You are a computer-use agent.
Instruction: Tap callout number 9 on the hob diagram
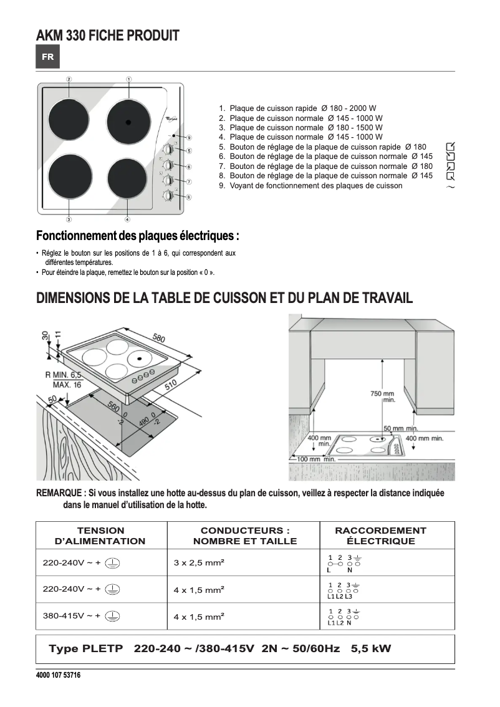[x=188, y=137]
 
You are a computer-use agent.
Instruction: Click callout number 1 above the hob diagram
[x=128, y=79]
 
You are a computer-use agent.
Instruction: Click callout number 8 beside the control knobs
[x=188, y=197]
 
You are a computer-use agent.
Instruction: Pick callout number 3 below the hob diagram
[x=69, y=219]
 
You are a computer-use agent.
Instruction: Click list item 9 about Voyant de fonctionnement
[x=315, y=186]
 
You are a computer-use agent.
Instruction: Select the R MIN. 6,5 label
[x=63, y=375]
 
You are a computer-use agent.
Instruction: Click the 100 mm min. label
[x=316, y=459]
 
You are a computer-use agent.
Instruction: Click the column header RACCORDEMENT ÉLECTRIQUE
[x=380, y=536]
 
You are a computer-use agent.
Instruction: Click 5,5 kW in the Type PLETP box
[x=371, y=649]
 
